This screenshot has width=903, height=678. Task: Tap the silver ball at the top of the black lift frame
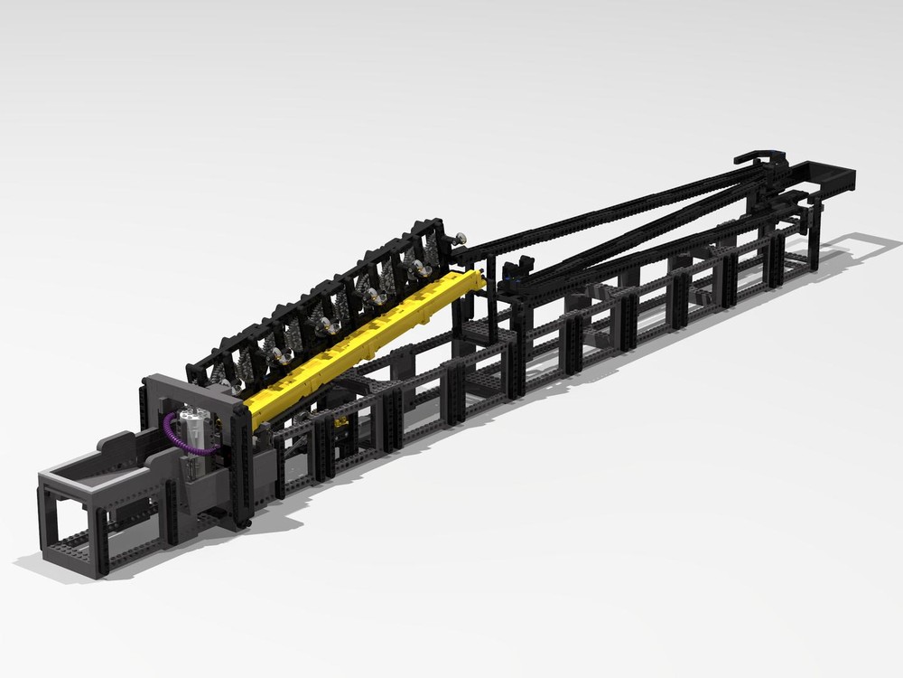tap(461, 237)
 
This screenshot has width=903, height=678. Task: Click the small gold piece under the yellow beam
tap(341, 421)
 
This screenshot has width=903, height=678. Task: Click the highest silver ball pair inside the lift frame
tap(417, 268)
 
